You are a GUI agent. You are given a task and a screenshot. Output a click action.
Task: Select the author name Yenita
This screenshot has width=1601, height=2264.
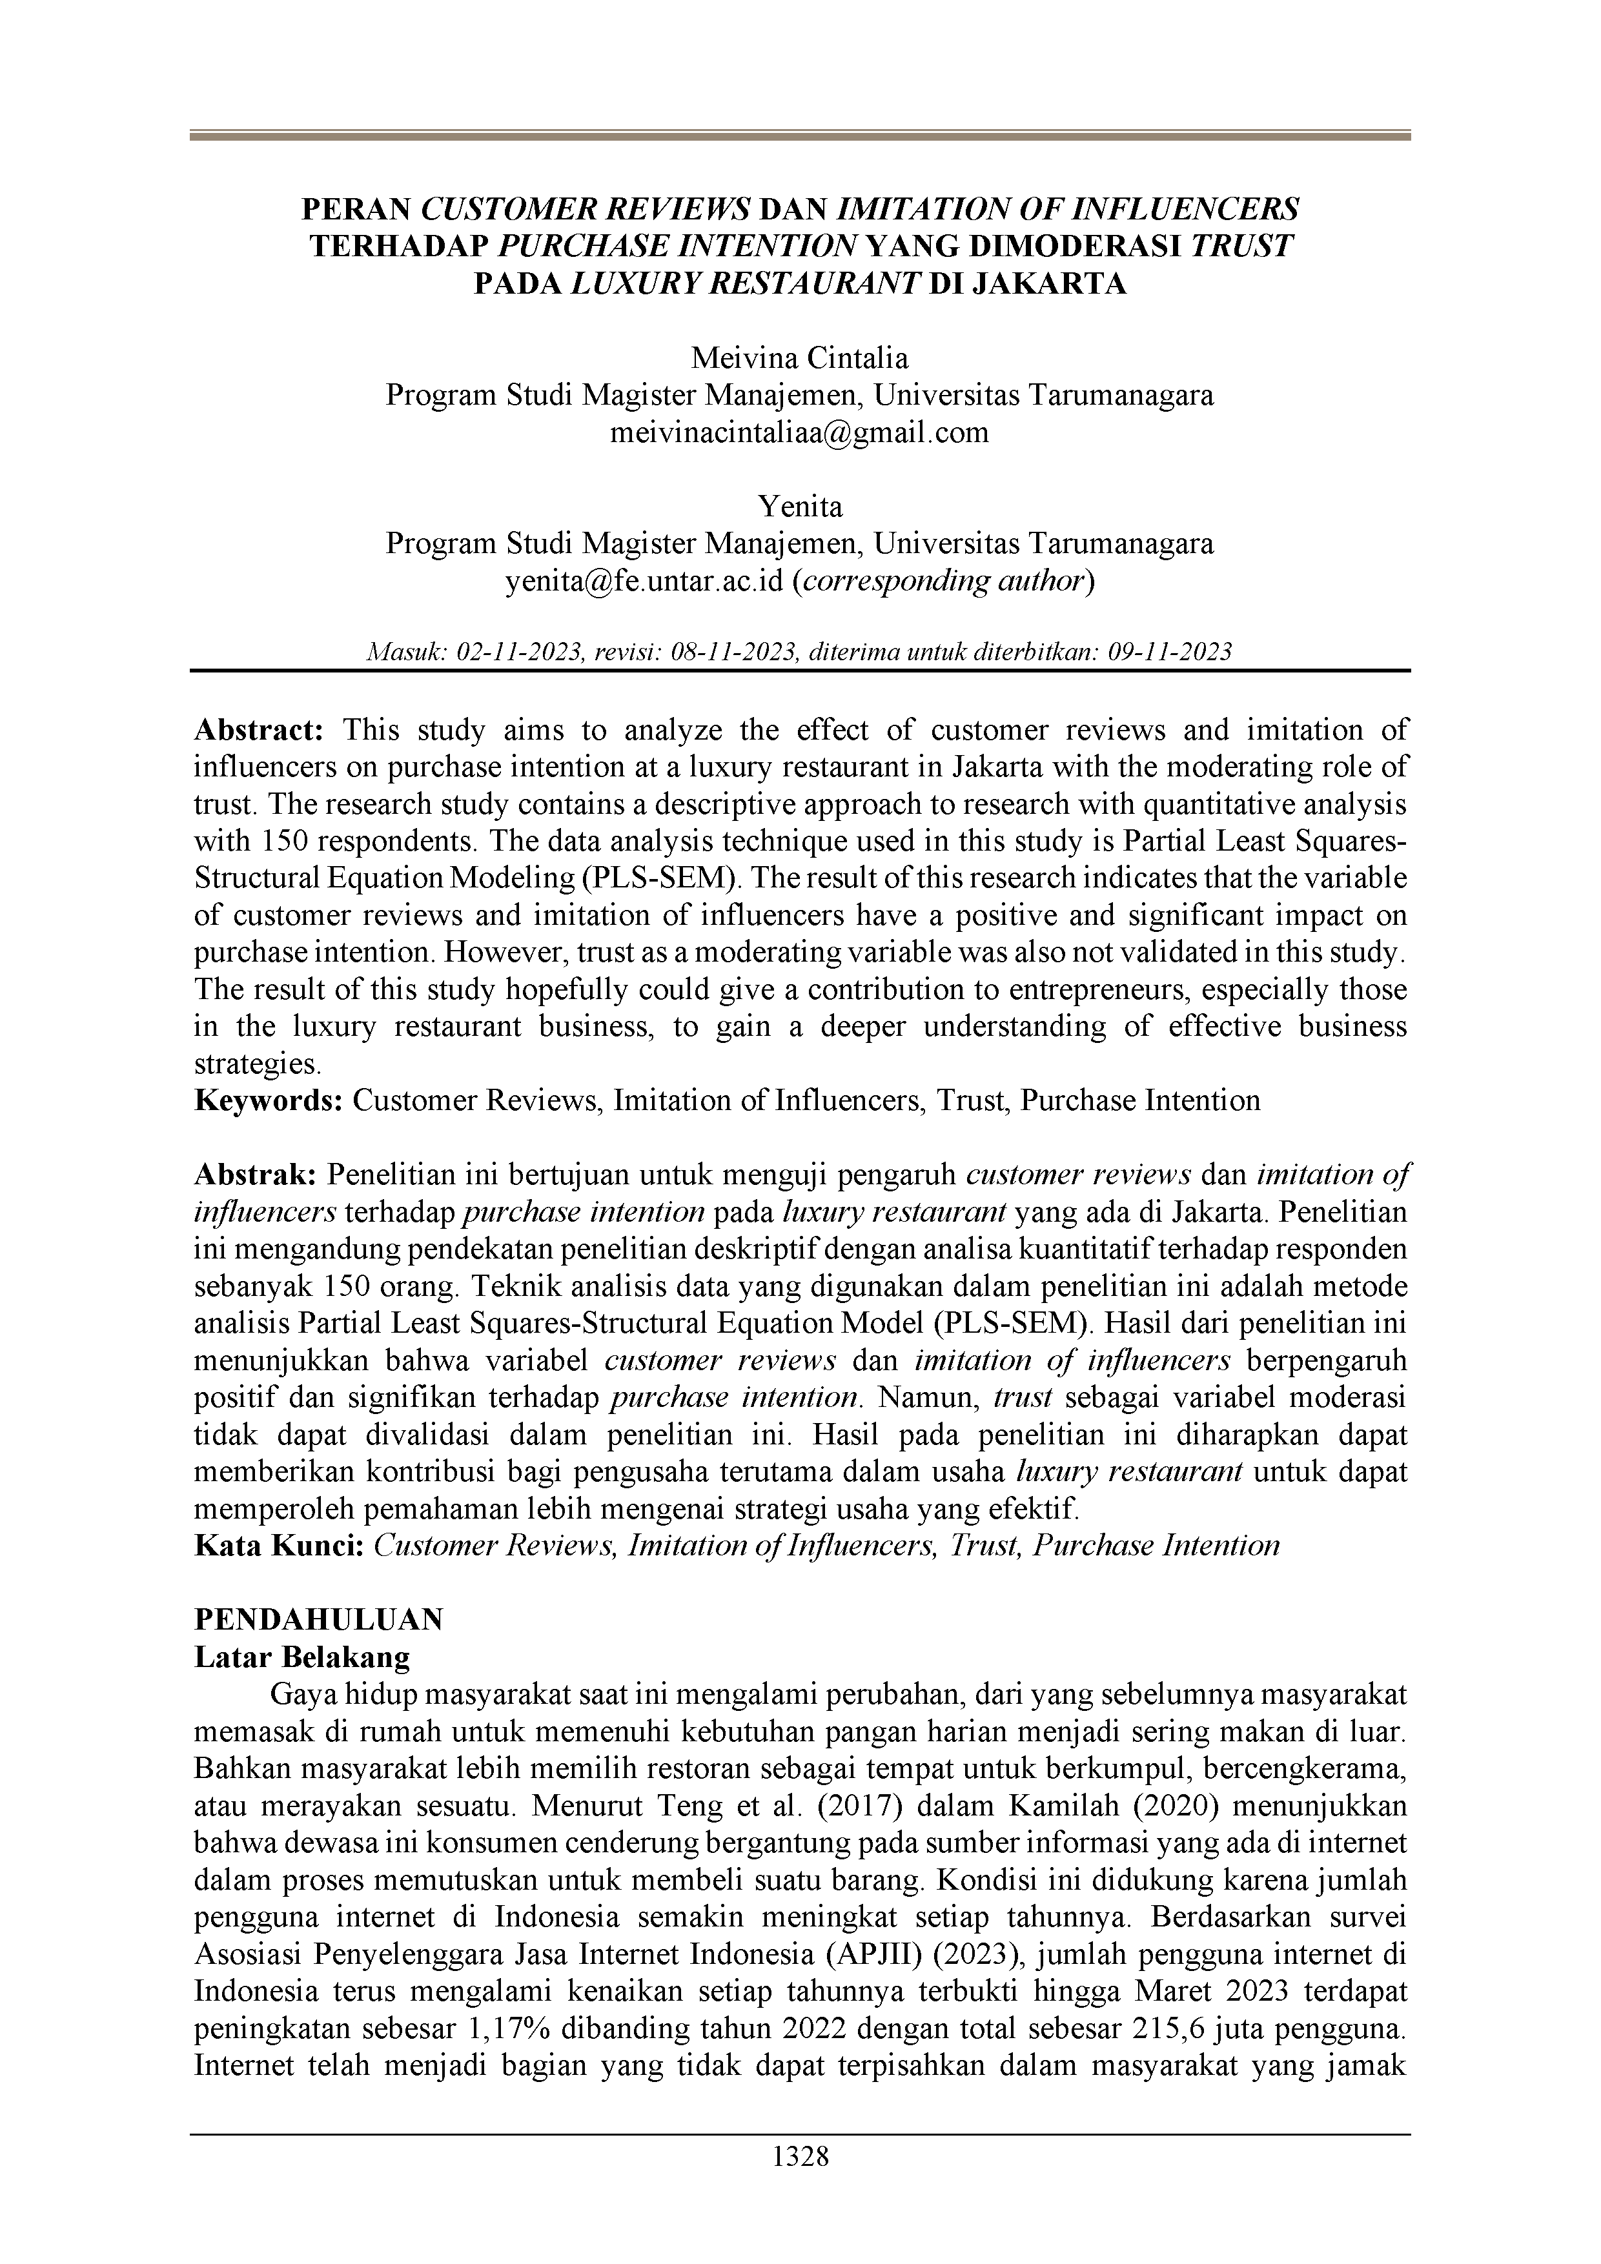[x=800, y=507]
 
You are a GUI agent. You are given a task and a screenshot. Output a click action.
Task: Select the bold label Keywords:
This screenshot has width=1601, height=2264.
[x=269, y=1100]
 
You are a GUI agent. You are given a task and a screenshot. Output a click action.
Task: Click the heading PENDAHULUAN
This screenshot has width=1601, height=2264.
[x=319, y=1620]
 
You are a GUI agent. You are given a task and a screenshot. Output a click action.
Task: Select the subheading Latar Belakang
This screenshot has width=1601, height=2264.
[x=302, y=1657]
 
